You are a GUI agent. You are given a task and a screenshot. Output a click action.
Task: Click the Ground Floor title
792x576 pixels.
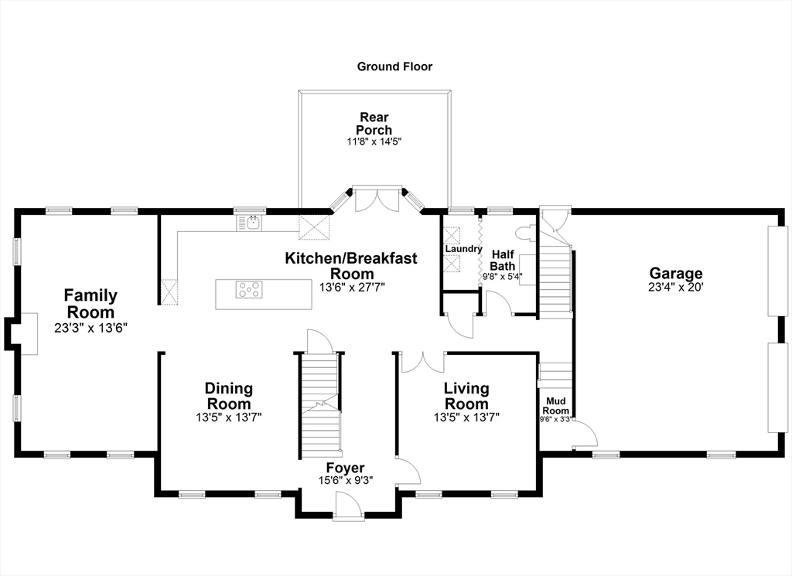(x=394, y=66)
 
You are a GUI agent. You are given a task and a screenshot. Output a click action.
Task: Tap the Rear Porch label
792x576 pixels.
(x=374, y=124)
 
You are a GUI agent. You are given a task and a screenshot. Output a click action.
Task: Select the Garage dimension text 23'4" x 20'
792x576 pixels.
(x=675, y=288)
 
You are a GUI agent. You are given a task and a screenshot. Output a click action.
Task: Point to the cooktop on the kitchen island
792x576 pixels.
(x=249, y=290)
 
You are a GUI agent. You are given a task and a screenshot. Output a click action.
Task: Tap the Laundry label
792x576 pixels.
(x=463, y=249)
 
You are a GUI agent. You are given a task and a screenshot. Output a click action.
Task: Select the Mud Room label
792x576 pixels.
(x=555, y=406)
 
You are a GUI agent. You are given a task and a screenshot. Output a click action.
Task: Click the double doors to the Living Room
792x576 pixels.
(x=423, y=362)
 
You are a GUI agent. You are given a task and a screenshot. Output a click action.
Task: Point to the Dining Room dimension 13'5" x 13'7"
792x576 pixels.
(x=228, y=418)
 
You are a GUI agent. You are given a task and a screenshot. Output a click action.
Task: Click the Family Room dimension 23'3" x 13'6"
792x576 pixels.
(x=90, y=328)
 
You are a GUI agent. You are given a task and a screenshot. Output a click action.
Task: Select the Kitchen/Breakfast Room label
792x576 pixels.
(x=352, y=266)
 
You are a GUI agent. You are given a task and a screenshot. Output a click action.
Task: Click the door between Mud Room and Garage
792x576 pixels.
(x=585, y=433)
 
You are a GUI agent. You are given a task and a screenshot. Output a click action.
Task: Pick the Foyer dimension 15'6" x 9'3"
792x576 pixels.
(x=346, y=480)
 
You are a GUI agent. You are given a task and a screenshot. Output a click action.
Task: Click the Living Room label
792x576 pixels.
(x=466, y=397)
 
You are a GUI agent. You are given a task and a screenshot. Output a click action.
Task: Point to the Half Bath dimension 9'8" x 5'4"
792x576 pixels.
(x=503, y=277)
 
